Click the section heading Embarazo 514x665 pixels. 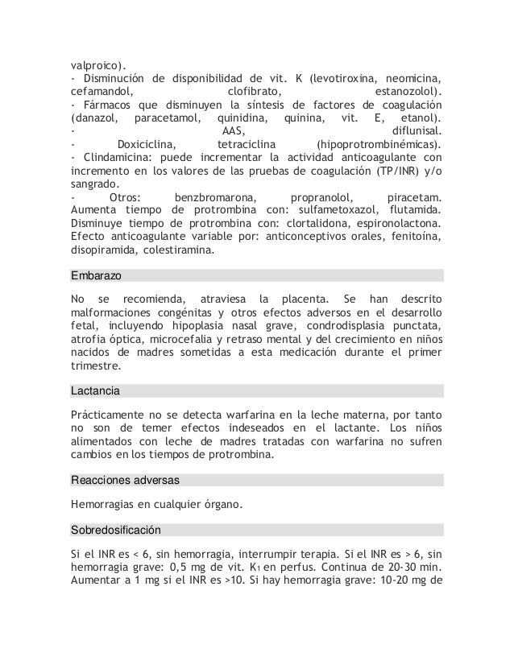96,275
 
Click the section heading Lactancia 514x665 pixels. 95,391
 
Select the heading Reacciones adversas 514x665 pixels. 125,481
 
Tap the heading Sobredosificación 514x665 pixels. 116,531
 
